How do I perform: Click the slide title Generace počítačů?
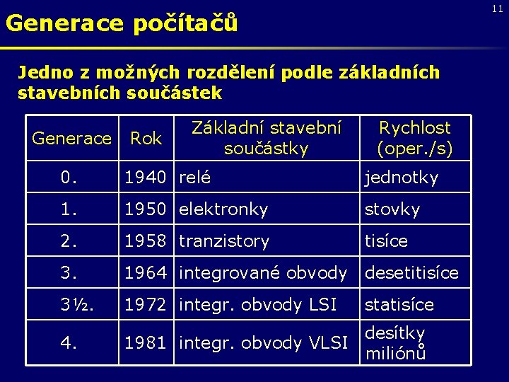point(122,24)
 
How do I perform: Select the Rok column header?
point(146,139)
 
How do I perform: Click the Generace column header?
point(72,139)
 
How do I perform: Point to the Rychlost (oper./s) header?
point(415,139)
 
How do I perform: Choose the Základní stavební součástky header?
point(266,139)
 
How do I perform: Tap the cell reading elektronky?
point(223,209)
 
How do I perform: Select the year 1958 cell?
point(146,241)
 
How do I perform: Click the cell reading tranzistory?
point(224,241)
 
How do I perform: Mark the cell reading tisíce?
point(386,241)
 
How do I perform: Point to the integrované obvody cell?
point(263,273)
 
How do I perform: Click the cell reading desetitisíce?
point(411,273)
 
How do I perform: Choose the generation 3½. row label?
point(78,305)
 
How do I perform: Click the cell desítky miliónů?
point(395,343)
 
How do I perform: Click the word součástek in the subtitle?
point(177,93)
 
